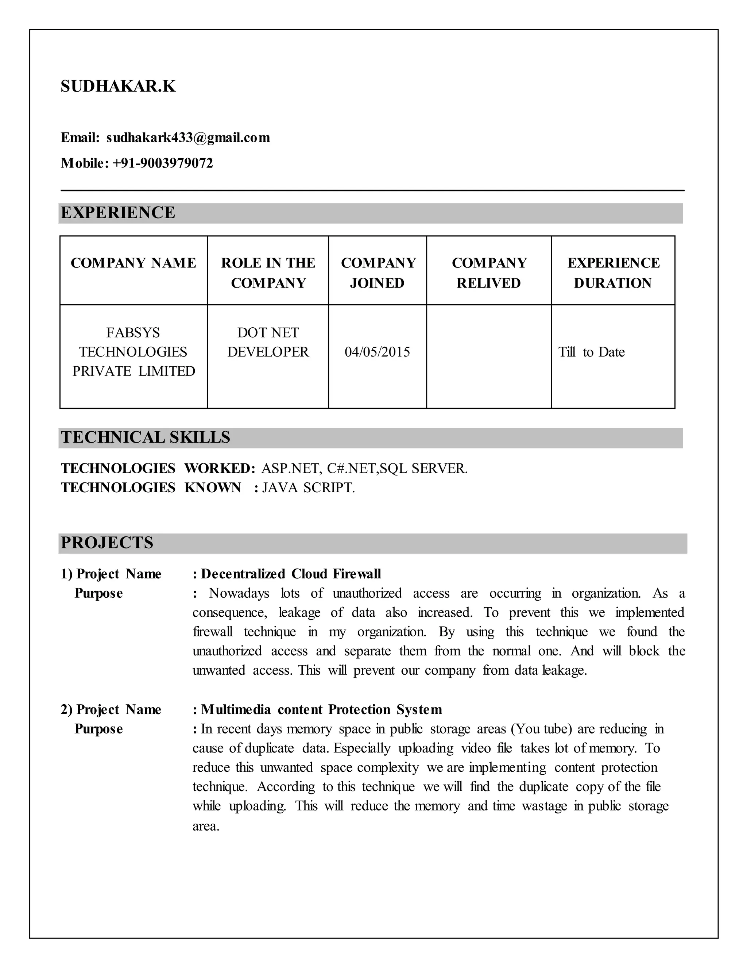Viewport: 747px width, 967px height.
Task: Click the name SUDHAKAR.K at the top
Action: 118,86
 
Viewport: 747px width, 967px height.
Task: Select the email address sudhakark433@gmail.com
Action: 188,138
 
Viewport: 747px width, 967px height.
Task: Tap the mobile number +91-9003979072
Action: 162,163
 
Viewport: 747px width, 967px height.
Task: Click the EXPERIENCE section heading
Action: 118,213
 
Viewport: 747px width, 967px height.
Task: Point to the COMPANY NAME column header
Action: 133,263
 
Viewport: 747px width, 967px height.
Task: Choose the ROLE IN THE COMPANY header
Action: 268,273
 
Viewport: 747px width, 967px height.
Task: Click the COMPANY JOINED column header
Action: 378,273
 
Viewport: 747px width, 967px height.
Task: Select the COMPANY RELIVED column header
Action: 489,273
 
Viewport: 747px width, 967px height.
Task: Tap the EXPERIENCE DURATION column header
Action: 614,273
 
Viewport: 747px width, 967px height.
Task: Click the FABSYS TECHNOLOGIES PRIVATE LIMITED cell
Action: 133,352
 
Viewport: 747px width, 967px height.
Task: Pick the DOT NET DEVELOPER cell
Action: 268,342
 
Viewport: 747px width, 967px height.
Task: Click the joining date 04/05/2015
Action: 378,352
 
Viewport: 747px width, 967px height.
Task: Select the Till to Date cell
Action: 591,352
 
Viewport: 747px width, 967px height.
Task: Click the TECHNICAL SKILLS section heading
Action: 146,438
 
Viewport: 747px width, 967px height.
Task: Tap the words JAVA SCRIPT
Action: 309,488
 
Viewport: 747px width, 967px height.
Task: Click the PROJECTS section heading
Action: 107,543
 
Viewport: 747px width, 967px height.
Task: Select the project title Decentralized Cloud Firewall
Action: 291,574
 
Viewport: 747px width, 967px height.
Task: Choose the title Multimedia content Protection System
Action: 321,710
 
